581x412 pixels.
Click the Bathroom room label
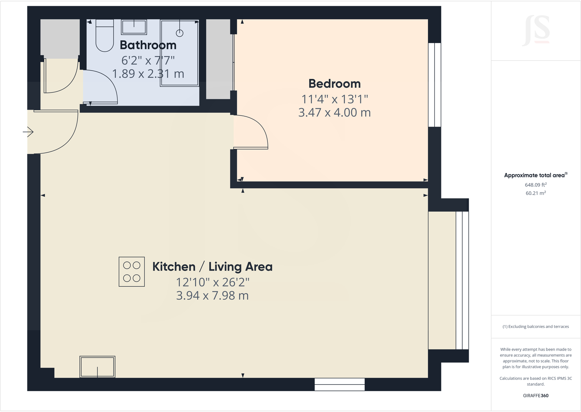pos(148,45)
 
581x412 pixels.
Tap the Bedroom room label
pos(334,84)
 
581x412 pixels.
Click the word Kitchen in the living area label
pos(174,267)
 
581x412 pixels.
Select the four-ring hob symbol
pos(132,272)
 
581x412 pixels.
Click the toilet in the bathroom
pos(105,36)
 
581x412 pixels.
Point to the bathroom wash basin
pos(134,27)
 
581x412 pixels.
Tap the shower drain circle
pos(179,33)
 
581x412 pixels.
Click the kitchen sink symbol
pos(97,367)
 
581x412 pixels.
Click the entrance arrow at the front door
pos(29,132)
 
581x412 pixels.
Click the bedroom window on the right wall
pos(434,85)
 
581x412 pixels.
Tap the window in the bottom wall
pos(339,384)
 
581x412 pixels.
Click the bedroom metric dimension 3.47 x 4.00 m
pos(334,113)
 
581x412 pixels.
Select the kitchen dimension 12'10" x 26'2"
pos(212,282)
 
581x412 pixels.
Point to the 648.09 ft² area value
pos(535,185)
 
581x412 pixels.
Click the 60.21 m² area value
pos(535,193)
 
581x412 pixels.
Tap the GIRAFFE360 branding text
pos(535,396)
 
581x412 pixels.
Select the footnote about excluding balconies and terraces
pos(535,326)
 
